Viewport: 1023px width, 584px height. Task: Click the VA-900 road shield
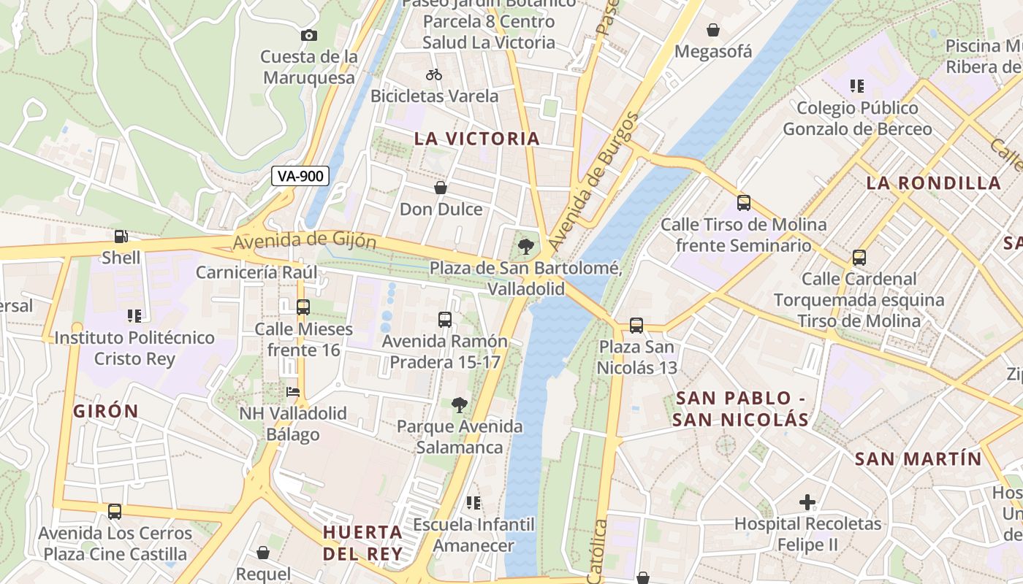(300, 176)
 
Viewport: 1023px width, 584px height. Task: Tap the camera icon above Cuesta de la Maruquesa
(309, 35)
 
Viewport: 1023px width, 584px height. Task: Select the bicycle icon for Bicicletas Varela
(434, 74)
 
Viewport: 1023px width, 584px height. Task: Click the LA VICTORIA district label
(477, 139)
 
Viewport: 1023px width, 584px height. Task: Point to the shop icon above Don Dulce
(441, 188)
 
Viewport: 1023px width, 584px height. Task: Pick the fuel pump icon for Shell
(121, 237)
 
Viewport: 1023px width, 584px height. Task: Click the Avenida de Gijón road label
(305, 240)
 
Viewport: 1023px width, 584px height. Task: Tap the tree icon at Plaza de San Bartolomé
(525, 247)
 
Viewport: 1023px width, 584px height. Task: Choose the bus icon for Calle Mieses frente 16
(303, 307)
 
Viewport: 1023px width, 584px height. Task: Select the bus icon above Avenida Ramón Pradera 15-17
(444, 320)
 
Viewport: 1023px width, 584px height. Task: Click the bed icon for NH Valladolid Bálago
(293, 392)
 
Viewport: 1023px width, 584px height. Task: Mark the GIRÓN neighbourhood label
(106, 411)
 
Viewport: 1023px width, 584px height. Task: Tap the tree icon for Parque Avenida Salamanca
(460, 405)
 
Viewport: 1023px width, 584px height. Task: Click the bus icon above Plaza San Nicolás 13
(636, 326)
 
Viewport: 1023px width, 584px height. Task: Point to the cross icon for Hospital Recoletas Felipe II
(807, 502)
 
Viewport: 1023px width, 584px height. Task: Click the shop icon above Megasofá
(712, 31)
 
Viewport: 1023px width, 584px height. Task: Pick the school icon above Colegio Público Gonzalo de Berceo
(857, 87)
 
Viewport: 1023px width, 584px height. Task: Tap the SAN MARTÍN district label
(918, 459)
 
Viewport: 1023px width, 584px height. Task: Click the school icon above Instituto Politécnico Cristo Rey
(134, 316)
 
